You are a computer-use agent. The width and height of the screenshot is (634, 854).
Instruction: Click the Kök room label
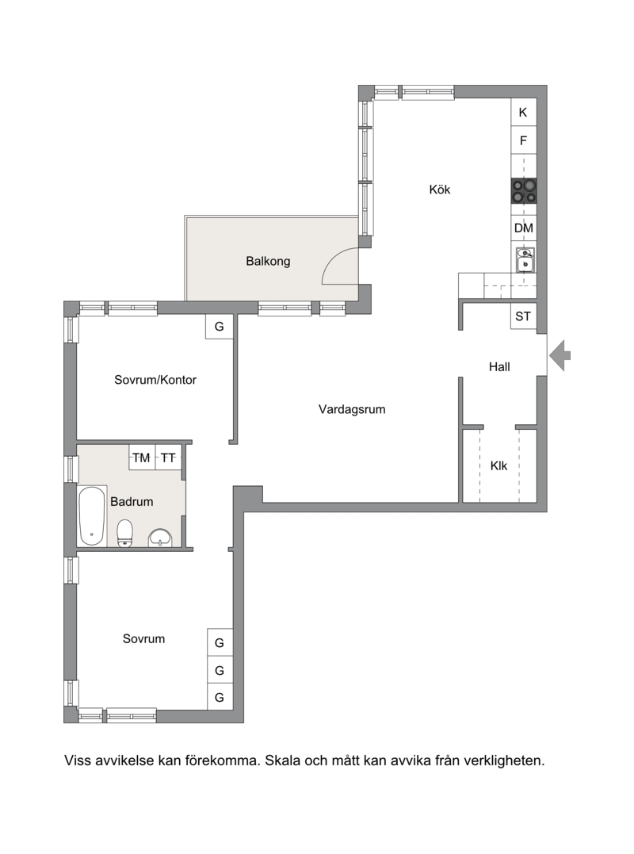tap(440, 190)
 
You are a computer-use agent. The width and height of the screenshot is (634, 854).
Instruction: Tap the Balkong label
tap(268, 261)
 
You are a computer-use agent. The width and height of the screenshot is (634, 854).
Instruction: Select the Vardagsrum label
tap(352, 409)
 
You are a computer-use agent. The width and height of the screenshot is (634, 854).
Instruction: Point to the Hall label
tap(499, 366)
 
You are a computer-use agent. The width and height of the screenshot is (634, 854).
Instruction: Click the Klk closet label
tap(498, 465)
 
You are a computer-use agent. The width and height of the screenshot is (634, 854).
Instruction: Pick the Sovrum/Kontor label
tap(155, 380)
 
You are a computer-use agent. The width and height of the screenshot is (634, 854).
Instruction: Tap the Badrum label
tap(132, 501)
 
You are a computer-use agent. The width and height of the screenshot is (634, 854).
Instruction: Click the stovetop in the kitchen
tap(524, 191)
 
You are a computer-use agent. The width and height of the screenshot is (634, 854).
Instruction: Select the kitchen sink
tap(525, 260)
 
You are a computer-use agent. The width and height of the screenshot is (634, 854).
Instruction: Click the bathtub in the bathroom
tap(91, 515)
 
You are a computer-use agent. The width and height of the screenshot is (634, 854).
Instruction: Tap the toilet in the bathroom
tap(125, 533)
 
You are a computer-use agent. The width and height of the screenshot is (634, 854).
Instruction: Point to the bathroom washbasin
tap(161, 538)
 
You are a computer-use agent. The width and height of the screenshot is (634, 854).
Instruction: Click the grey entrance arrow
tap(560, 356)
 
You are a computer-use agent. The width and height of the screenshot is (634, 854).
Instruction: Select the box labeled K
tap(524, 112)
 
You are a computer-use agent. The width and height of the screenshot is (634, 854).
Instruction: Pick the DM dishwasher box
tap(524, 228)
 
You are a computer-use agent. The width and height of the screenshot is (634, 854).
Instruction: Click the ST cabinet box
tap(524, 316)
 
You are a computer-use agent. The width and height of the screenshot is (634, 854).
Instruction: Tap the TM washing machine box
tap(142, 458)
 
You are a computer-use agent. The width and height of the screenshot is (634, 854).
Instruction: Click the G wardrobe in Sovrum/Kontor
tap(220, 326)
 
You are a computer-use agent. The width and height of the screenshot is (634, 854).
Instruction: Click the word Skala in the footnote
tap(282, 760)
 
